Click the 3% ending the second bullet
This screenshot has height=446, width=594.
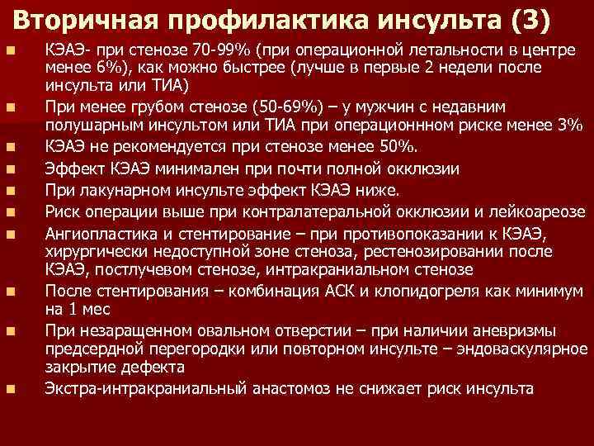572,125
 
